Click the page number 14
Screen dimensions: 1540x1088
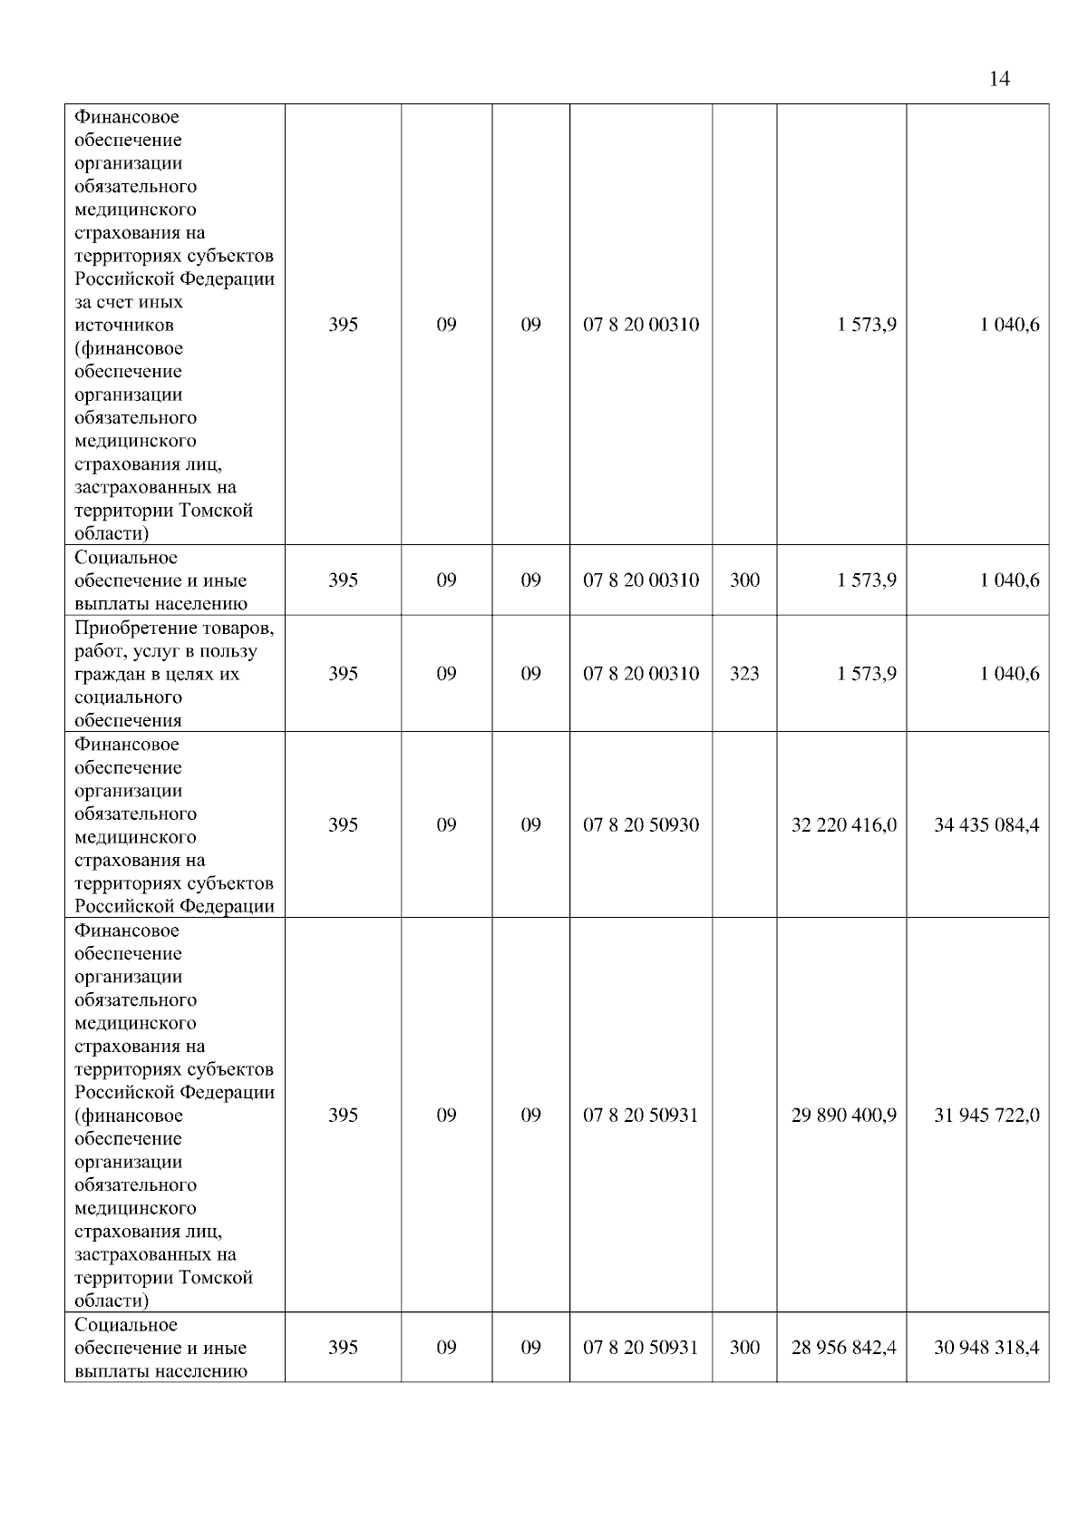(x=999, y=79)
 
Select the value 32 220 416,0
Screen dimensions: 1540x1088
(x=843, y=825)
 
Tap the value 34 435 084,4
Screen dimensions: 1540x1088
(x=986, y=825)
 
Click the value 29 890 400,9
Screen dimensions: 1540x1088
(x=843, y=1116)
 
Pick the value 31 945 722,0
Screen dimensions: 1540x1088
(x=986, y=1116)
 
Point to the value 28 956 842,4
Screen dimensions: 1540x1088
(x=843, y=1348)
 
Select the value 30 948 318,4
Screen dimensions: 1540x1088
(x=986, y=1348)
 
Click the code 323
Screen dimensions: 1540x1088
(x=744, y=674)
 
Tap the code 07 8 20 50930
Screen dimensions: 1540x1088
(x=641, y=825)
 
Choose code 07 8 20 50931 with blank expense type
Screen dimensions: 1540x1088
(x=641, y=1116)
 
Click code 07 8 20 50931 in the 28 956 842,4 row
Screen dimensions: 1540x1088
(x=641, y=1348)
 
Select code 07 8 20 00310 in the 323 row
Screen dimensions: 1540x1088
(x=641, y=674)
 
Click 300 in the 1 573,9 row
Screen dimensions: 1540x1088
(x=744, y=580)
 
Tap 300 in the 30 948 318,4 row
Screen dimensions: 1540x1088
(x=744, y=1348)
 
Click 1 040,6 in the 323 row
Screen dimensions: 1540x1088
(x=1009, y=674)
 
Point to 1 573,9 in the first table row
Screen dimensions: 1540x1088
(x=867, y=325)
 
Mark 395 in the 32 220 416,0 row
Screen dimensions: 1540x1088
(x=343, y=825)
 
